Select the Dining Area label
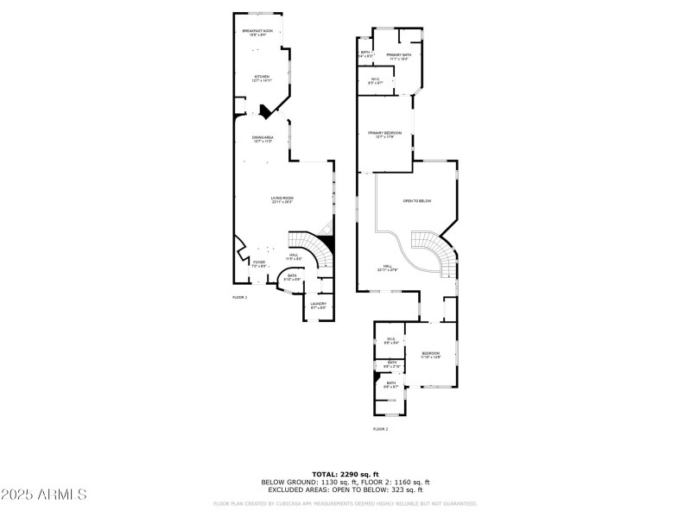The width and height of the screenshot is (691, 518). point(263,139)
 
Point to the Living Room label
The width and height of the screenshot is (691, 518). point(282,199)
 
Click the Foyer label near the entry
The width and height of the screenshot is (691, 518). point(259,263)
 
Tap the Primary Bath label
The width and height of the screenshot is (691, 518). point(398,57)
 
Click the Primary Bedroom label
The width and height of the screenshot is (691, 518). point(385,134)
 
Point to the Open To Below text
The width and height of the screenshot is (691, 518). point(416,201)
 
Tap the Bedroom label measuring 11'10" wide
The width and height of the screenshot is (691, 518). point(431,355)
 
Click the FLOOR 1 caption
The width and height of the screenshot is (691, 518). point(239,297)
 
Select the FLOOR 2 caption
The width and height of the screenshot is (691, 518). point(380,429)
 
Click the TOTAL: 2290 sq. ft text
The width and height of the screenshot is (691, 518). point(345,474)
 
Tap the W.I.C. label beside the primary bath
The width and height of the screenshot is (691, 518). point(376,81)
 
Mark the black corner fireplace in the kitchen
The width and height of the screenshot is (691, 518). point(265,111)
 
